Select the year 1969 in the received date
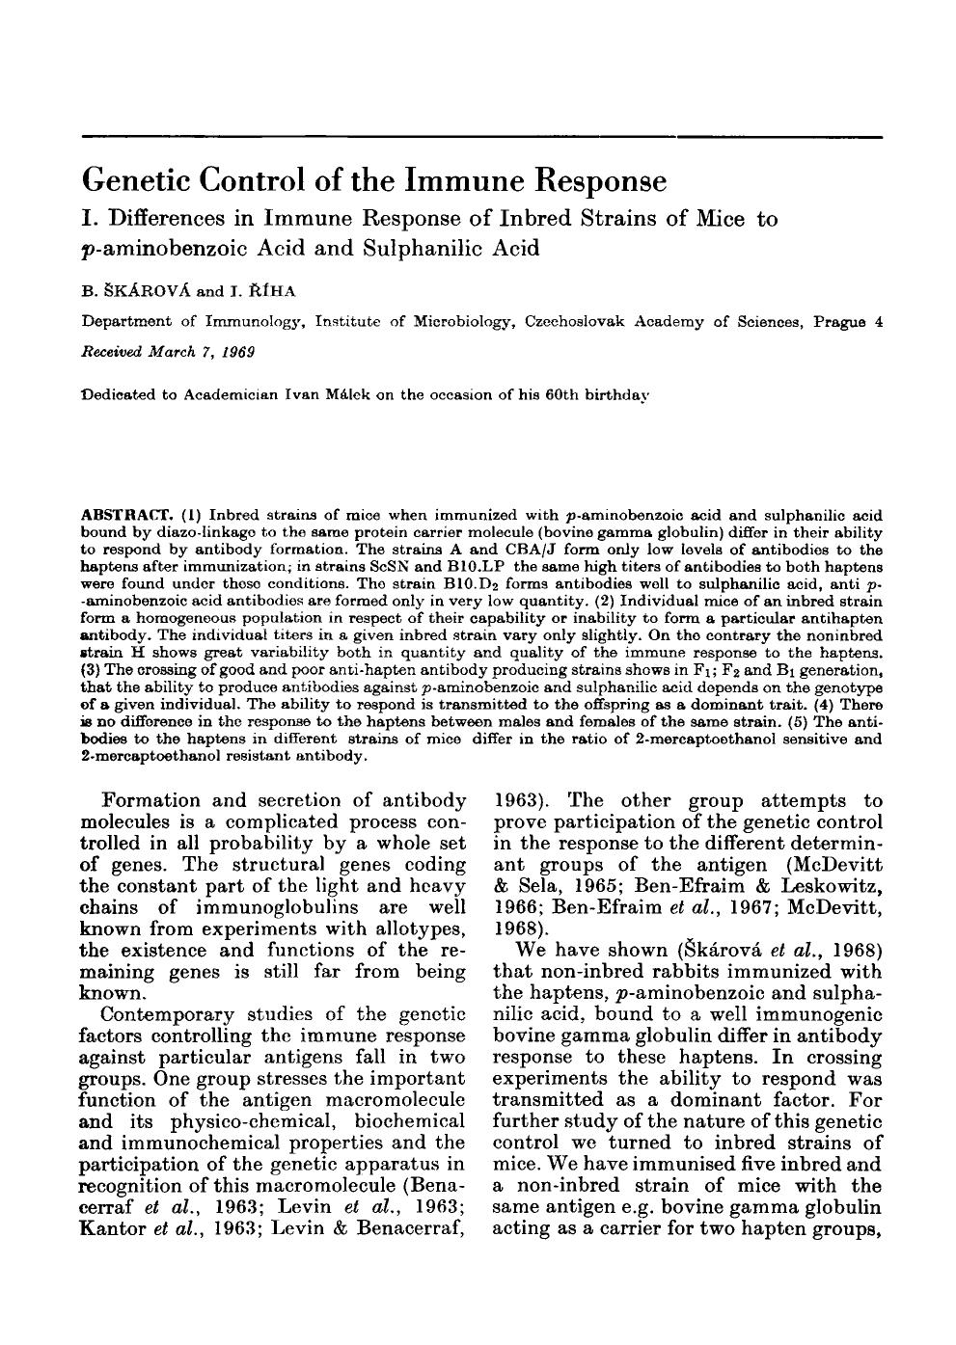tap(234, 352)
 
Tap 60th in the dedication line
tap(533, 394)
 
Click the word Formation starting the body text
tap(150, 800)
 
